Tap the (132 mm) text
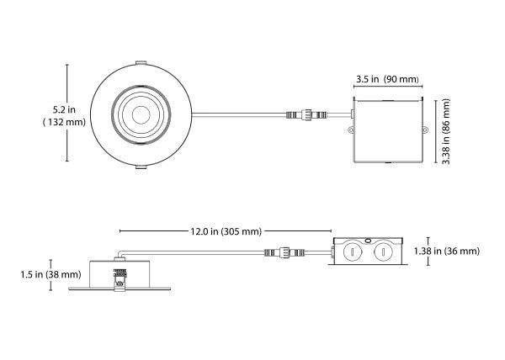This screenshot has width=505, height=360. (64, 123)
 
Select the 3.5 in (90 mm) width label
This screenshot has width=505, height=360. (387, 79)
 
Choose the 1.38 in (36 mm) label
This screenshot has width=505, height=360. (449, 251)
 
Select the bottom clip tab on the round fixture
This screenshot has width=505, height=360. (140, 167)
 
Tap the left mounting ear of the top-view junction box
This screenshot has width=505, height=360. (348, 130)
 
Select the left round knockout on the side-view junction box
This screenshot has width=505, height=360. (349, 251)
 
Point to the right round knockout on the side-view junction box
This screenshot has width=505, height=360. (383, 251)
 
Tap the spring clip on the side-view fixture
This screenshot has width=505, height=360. (120, 275)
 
